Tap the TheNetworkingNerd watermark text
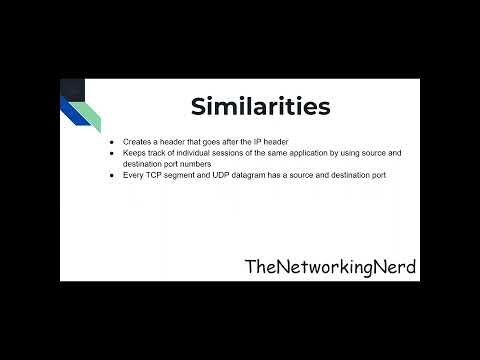tap(330, 267)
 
